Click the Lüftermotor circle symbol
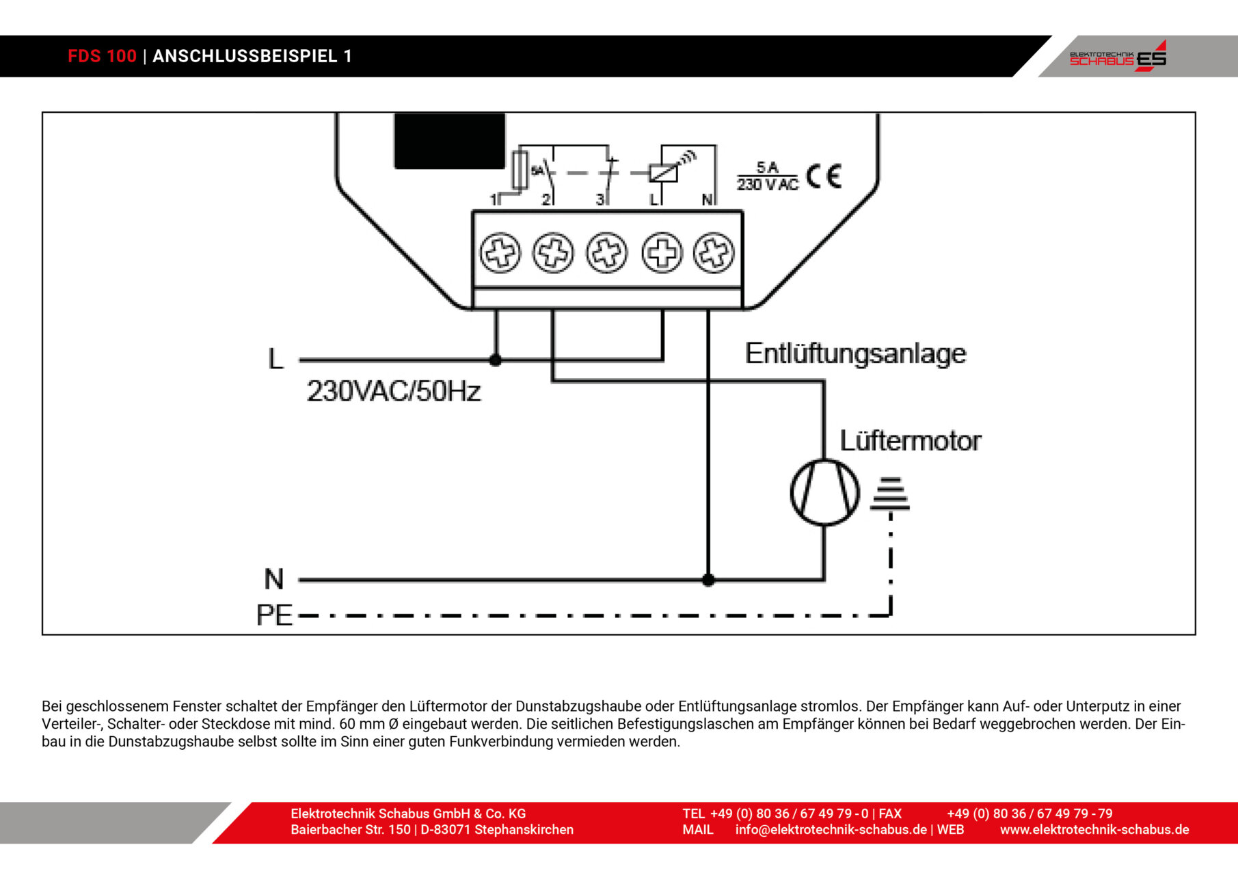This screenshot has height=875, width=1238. (824, 492)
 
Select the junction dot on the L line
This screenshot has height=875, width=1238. (496, 360)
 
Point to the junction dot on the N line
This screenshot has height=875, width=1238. (708, 580)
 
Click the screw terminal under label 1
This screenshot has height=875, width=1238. (500, 253)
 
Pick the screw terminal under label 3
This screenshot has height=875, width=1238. (606, 253)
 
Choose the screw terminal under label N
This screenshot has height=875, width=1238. (714, 253)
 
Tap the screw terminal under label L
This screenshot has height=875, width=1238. (662, 253)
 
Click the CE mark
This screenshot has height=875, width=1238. (823, 176)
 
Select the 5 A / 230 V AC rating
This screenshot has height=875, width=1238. (767, 176)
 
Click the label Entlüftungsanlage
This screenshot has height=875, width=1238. (855, 353)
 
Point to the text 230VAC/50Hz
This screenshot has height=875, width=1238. (394, 391)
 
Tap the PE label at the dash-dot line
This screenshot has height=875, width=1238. (274, 615)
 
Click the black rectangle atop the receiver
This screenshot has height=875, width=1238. (449, 141)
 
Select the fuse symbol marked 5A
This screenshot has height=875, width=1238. (520, 170)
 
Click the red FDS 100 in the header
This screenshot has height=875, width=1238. (102, 56)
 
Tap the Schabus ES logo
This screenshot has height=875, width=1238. (1118, 57)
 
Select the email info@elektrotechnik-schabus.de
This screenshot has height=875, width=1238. (831, 830)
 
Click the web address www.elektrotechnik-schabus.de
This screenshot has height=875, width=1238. (1094, 830)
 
